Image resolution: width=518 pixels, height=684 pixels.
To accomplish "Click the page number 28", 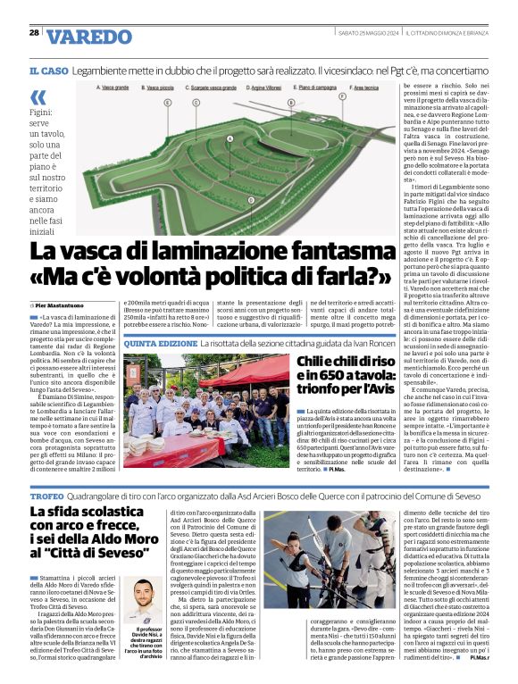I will click(34, 32).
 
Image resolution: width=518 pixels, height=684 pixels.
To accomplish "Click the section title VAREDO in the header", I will click(89, 38).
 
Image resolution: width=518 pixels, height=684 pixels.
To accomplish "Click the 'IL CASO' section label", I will click(48, 70).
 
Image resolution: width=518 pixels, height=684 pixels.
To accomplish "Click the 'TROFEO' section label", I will click(46, 494).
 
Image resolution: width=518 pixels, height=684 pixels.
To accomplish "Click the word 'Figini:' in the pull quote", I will click(41, 114).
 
